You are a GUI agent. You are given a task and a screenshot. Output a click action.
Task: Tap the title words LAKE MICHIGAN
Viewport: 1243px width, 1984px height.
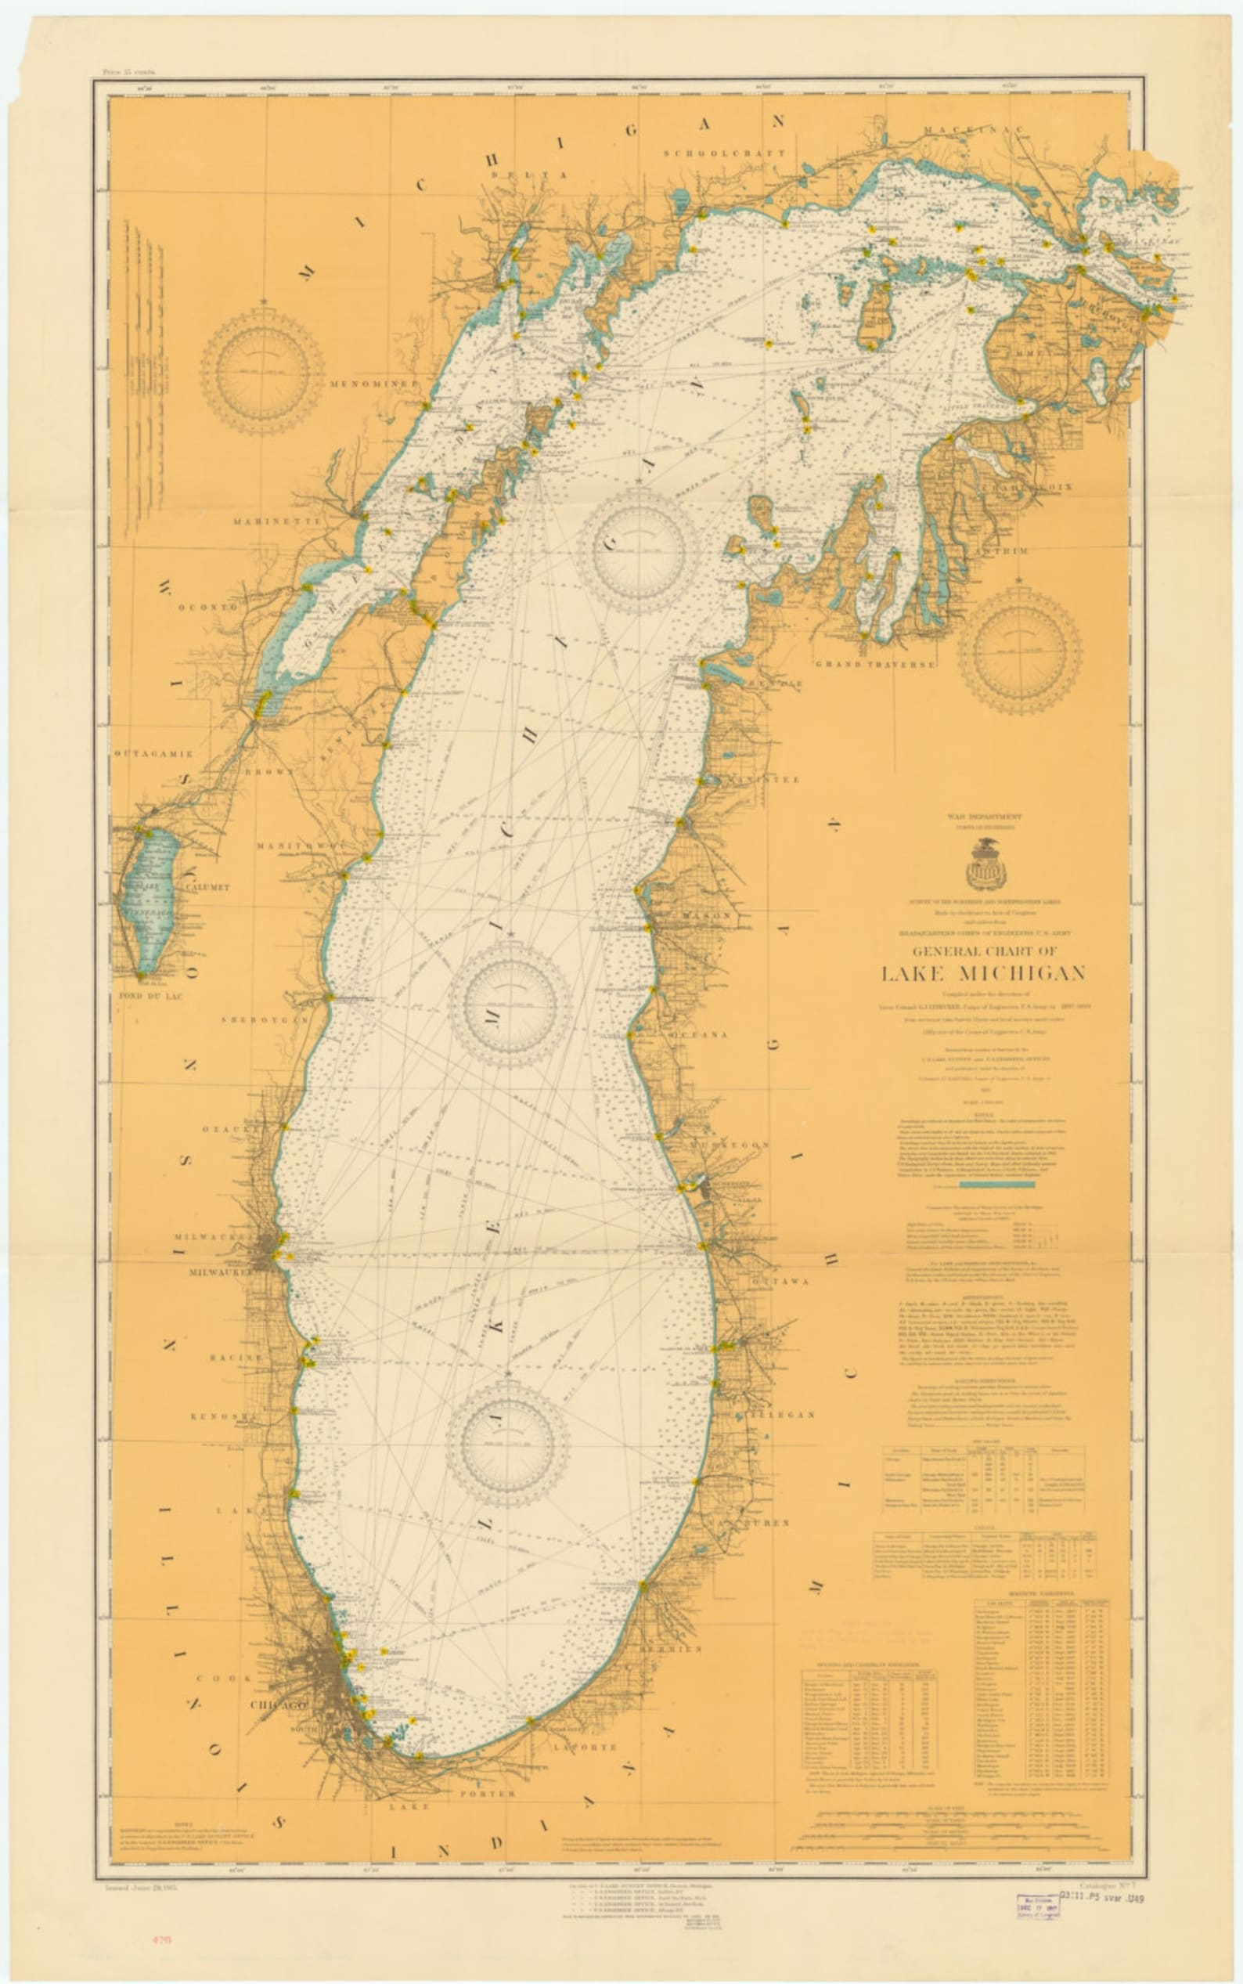click(983, 974)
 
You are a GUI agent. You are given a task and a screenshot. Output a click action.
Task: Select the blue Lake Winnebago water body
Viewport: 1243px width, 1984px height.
click(150, 900)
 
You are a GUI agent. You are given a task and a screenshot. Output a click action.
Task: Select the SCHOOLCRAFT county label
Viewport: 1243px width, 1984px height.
click(724, 153)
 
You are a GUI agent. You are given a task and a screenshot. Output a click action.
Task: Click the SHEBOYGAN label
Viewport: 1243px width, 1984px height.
click(264, 1019)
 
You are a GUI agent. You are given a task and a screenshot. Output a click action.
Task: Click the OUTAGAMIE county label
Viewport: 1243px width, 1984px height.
click(153, 753)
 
